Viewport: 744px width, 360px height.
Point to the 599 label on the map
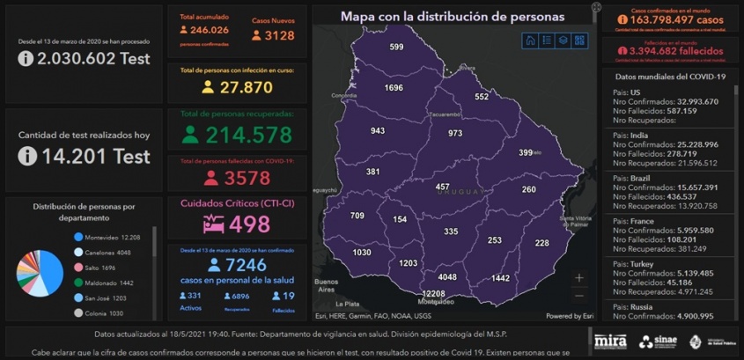pos(396,47)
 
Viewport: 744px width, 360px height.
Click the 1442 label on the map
pos(500,278)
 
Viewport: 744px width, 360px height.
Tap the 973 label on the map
pos(455,133)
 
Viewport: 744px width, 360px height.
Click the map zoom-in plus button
pos(578,277)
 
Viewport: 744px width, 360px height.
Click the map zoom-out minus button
pos(578,296)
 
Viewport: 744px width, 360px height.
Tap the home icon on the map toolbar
pos(530,40)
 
